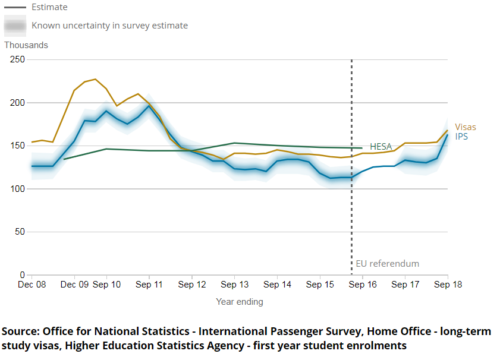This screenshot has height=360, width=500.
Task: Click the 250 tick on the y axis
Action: tap(17, 59)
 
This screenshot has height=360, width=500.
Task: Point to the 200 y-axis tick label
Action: tap(17, 103)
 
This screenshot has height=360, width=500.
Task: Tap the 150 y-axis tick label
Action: tap(17, 146)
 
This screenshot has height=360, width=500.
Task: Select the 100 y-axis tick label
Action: tap(17, 189)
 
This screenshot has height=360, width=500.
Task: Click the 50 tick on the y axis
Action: tap(20, 232)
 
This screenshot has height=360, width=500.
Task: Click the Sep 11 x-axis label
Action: tap(149, 285)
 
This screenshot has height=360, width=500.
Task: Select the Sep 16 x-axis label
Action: tap(362, 285)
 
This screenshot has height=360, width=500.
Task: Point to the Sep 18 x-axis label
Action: tap(448, 285)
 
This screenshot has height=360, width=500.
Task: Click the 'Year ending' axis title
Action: tap(239, 302)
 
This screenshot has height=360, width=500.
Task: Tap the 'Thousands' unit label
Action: tap(26, 45)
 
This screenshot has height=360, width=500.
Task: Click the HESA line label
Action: tap(380, 147)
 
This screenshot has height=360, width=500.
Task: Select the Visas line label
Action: tap(466, 127)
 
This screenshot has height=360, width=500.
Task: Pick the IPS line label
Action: tap(462, 137)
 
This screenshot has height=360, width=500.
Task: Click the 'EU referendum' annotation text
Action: tap(388, 264)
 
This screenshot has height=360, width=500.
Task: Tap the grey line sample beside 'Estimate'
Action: tap(15, 8)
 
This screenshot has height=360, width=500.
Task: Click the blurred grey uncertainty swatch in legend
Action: tap(15, 26)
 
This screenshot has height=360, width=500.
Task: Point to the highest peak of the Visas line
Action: tap(95, 79)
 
